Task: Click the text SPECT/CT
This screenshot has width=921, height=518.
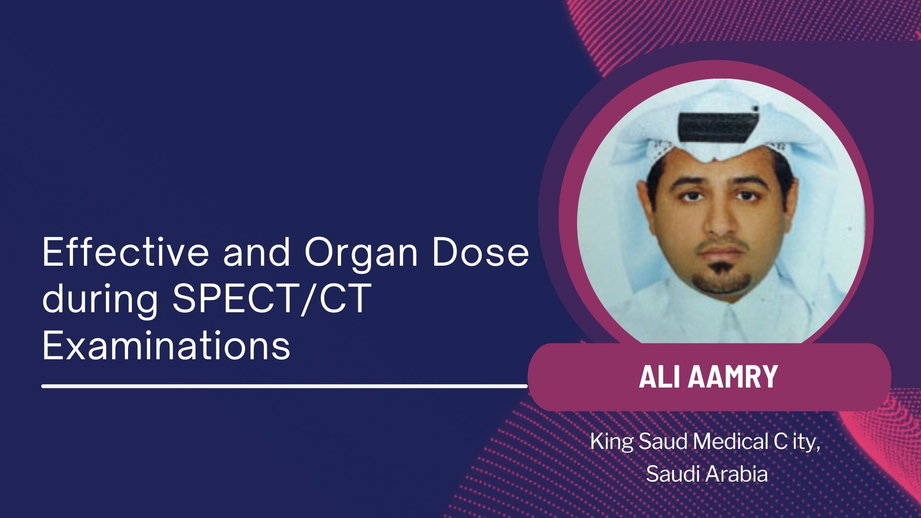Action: coord(272,299)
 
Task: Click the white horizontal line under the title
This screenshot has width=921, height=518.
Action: coord(284,386)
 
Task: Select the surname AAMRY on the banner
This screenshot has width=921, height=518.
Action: coord(733,377)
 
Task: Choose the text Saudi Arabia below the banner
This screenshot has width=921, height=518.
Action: coord(707,474)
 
